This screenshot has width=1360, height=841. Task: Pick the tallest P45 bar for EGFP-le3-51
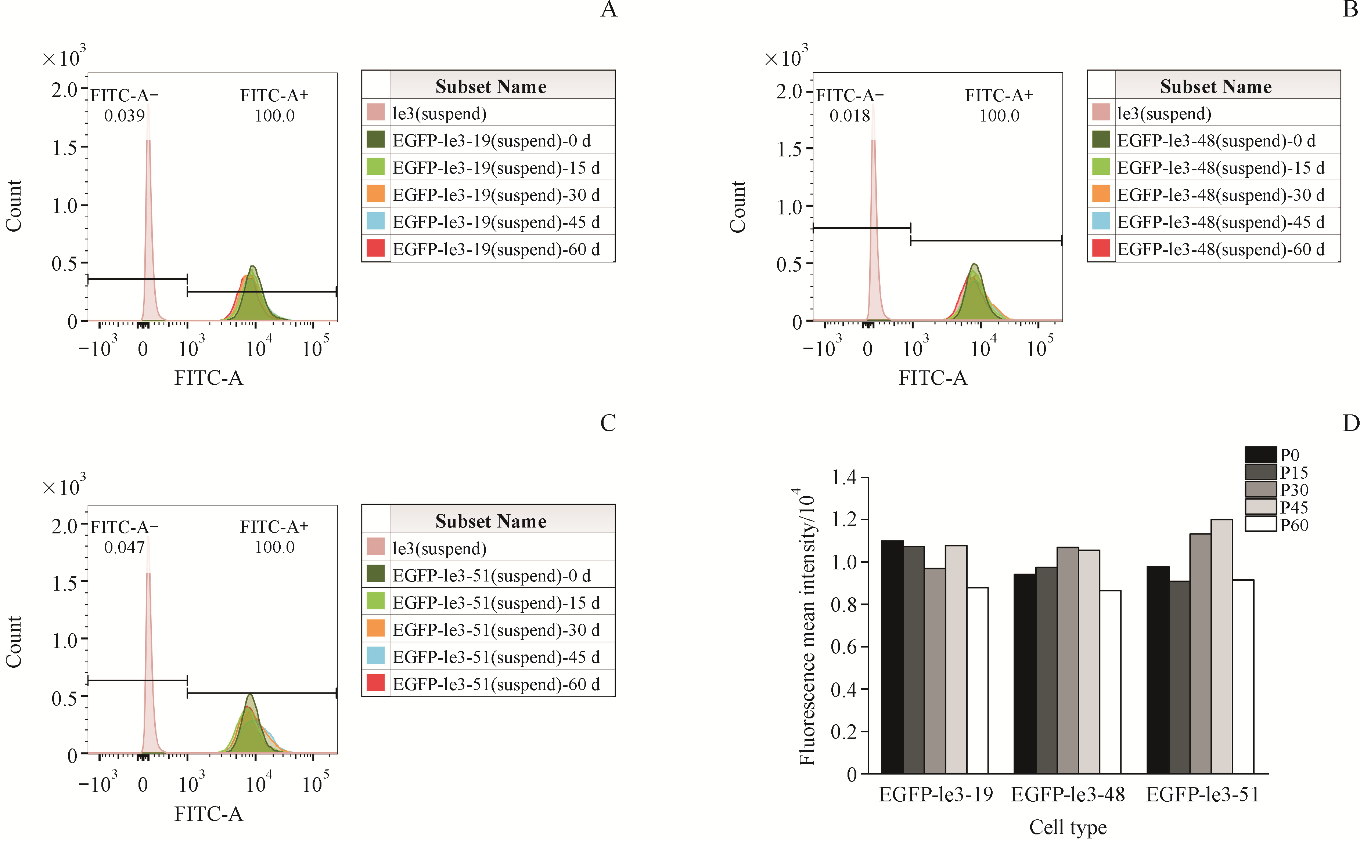[x=1222, y=646]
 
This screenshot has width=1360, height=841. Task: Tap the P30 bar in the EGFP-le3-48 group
[x=1067, y=660]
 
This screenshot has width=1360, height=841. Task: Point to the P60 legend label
[x=1294, y=525]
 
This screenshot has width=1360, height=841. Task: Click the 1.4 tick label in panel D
[x=843, y=477]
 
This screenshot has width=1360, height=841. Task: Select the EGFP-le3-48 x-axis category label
[x=1067, y=794]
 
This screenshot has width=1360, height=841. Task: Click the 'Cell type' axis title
[x=1067, y=827]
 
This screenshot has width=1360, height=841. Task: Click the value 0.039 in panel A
[x=124, y=116]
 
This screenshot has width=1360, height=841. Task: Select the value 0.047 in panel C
[x=124, y=547]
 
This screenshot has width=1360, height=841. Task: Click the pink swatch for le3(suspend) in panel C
[x=375, y=547]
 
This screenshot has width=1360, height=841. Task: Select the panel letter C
[x=608, y=423]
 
